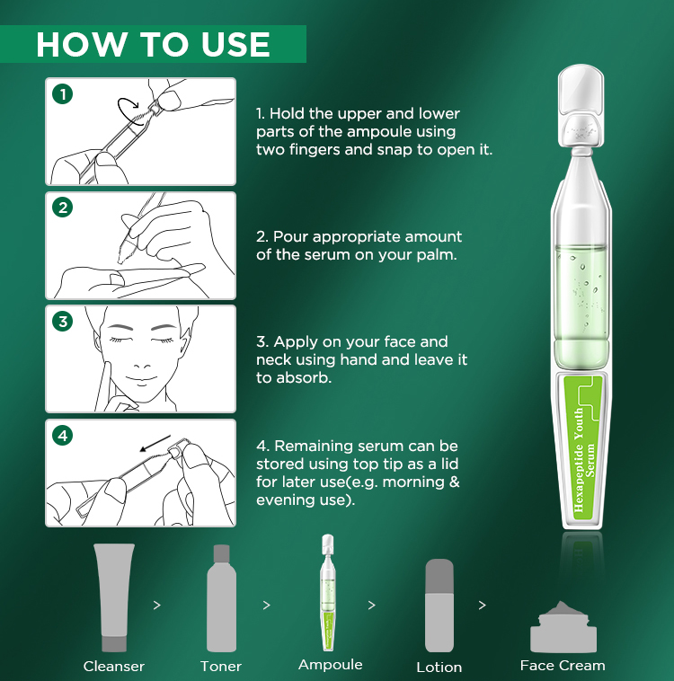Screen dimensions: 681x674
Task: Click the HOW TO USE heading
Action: coord(153,44)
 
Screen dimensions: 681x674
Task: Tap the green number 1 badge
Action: coord(62,93)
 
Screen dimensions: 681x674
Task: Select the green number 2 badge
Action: coord(62,208)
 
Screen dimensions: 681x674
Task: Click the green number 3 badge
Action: coord(62,322)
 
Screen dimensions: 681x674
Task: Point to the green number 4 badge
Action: coord(62,436)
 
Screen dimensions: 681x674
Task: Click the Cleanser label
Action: coord(114,666)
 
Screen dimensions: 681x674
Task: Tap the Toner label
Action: coord(221,666)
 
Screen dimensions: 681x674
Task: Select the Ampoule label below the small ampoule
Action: coord(330,665)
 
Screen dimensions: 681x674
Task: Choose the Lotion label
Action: coord(439,667)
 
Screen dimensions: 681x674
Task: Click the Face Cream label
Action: coord(563,666)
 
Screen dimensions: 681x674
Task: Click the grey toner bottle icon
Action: coord(221,597)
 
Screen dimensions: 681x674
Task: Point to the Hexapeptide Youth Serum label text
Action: coord(579,458)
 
